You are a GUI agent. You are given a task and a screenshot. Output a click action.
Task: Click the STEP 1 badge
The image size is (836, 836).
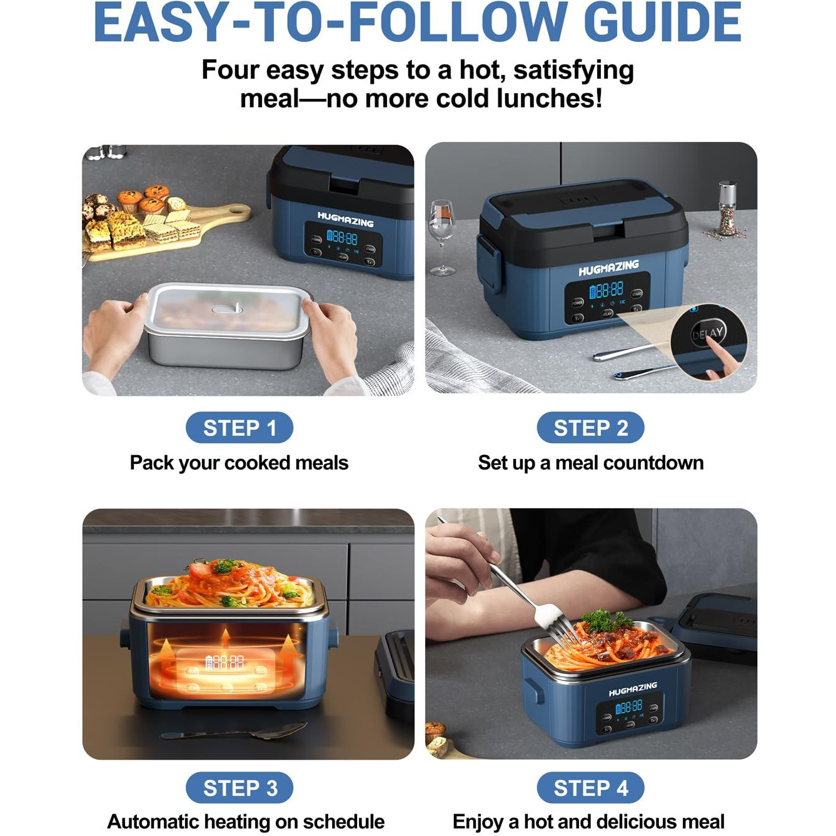pyautogui.click(x=239, y=428)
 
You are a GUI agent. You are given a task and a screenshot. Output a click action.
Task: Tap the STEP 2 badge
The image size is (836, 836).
pyautogui.click(x=590, y=428)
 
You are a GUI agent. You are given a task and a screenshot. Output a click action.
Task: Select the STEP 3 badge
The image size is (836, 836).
pyautogui.click(x=239, y=788)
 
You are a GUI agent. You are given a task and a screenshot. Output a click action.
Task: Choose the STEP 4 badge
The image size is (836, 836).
pyautogui.click(x=590, y=788)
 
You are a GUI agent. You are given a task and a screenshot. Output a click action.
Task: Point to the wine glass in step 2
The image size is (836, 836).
pyautogui.click(x=441, y=234)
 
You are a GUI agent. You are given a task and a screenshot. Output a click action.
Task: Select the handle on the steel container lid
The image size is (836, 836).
pyautogui.click(x=226, y=309)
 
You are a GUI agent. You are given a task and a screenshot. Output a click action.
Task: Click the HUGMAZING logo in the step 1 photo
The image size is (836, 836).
pyautogui.click(x=345, y=219)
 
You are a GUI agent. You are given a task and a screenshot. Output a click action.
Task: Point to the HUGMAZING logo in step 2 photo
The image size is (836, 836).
pyautogui.click(x=608, y=268)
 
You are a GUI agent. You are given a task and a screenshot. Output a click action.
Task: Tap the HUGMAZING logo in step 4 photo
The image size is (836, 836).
pyautogui.click(x=632, y=689)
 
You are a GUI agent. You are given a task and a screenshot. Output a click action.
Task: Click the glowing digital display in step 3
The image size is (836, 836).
pyautogui.click(x=225, y=662)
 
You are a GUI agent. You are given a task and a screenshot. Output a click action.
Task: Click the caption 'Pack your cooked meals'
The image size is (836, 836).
pyautogui.click(x=239, y=463)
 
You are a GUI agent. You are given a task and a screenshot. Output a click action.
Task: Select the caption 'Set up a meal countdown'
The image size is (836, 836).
pyautogui.click(x=590, y=463)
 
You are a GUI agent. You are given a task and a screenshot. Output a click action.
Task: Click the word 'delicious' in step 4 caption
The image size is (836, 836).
pyautogui.click(x=645, y=821)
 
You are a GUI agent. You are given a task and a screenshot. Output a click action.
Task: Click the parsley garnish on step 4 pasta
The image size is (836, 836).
pyautogui.click(x=603, y=620)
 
